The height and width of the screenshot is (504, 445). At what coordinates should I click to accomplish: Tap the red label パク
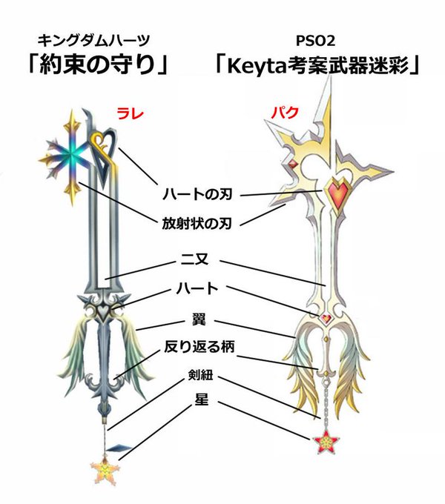pos(285,113)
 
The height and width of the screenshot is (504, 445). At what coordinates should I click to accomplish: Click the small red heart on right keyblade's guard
pos(326,318)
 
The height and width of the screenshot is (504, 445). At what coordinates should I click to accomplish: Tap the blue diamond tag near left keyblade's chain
pos(120,448)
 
